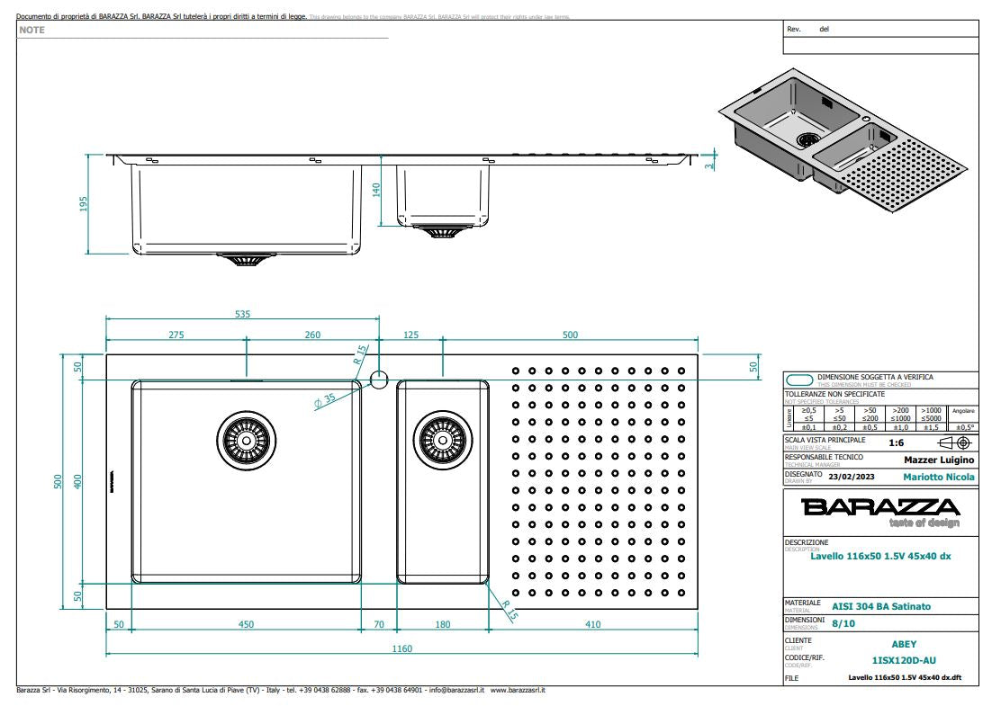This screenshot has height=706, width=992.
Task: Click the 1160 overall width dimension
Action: coord(401,648)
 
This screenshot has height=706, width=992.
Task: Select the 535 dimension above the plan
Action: coord(242,315)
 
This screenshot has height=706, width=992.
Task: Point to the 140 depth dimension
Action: coord(376,190)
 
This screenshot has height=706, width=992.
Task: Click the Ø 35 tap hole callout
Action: coord(325,398)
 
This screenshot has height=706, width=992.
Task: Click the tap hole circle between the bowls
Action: coord(378,380)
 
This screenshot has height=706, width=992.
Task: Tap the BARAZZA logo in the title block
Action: coord(880,507)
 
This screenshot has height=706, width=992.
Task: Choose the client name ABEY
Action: coord(904,644)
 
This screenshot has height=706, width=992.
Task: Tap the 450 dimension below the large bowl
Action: coord(244,624)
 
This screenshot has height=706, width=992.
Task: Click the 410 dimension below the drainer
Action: coord(593,624)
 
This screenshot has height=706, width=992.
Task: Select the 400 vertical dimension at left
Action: coord(77,481)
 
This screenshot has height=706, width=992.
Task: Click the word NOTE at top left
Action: coord(32,31)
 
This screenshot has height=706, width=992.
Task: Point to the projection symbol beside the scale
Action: coord(954,442)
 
